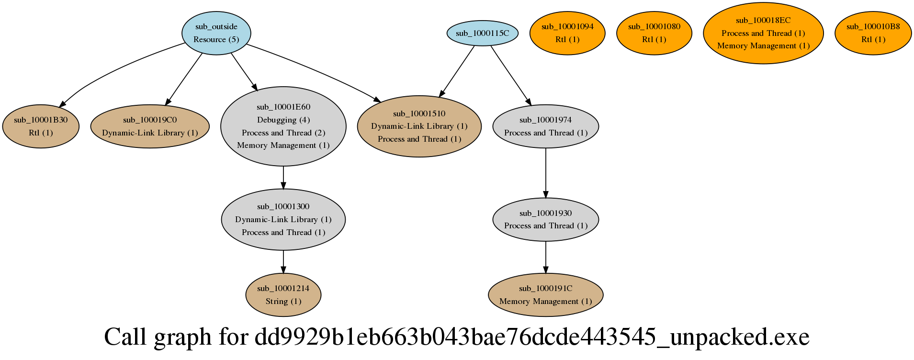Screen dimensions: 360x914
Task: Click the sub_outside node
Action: pos(216,33)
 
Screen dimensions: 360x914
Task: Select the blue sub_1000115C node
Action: pos(482,33)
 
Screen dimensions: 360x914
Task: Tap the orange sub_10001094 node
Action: pos(567,33)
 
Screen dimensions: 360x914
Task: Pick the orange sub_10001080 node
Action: pos(654,33)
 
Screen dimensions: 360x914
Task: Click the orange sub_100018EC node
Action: pos(763,33)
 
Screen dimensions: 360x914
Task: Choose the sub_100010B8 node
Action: pos(873,33)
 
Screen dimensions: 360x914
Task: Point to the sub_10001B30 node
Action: pos(41,126)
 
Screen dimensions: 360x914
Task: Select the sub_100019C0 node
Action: pos(150,126)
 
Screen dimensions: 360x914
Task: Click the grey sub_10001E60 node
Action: pos(283,126)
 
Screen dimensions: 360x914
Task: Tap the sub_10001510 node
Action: pos(419,126)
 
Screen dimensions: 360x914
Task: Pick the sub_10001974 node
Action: pos(545,126)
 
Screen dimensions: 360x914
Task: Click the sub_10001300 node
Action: pos(283,219)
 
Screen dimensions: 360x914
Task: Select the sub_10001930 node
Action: pos(545,219)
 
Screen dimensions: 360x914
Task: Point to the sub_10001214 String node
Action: pos(283,294)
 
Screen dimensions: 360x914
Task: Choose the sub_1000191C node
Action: pos(545,294)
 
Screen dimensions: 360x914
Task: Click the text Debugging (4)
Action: pos(283,120)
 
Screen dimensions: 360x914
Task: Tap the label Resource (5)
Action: pos(216,39)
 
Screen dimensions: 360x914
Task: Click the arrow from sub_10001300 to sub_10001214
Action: pos(283,261)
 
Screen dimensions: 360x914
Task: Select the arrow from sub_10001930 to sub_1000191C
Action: pos(546,257)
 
